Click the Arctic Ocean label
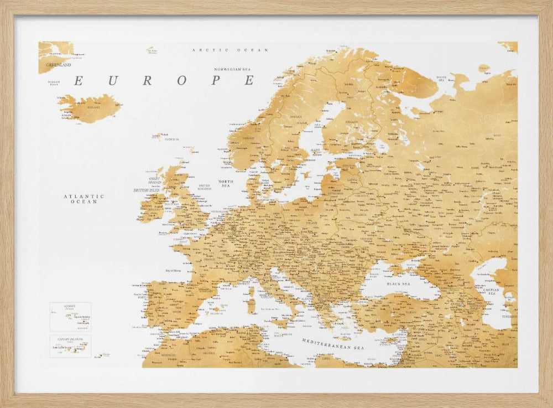[x=230, y=50]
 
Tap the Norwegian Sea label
[x=233, y=69]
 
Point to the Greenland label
[x=59, y=65]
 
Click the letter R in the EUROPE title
[x=147, y=81]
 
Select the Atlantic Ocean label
[x=84, y=199]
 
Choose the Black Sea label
[x=397, y=283]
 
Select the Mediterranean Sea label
[x=333, y=342]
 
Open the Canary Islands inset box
[x=70, y=345]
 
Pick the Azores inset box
[x=70, y=316]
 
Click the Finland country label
[x=351, y=122]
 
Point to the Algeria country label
[x=209, y=353]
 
